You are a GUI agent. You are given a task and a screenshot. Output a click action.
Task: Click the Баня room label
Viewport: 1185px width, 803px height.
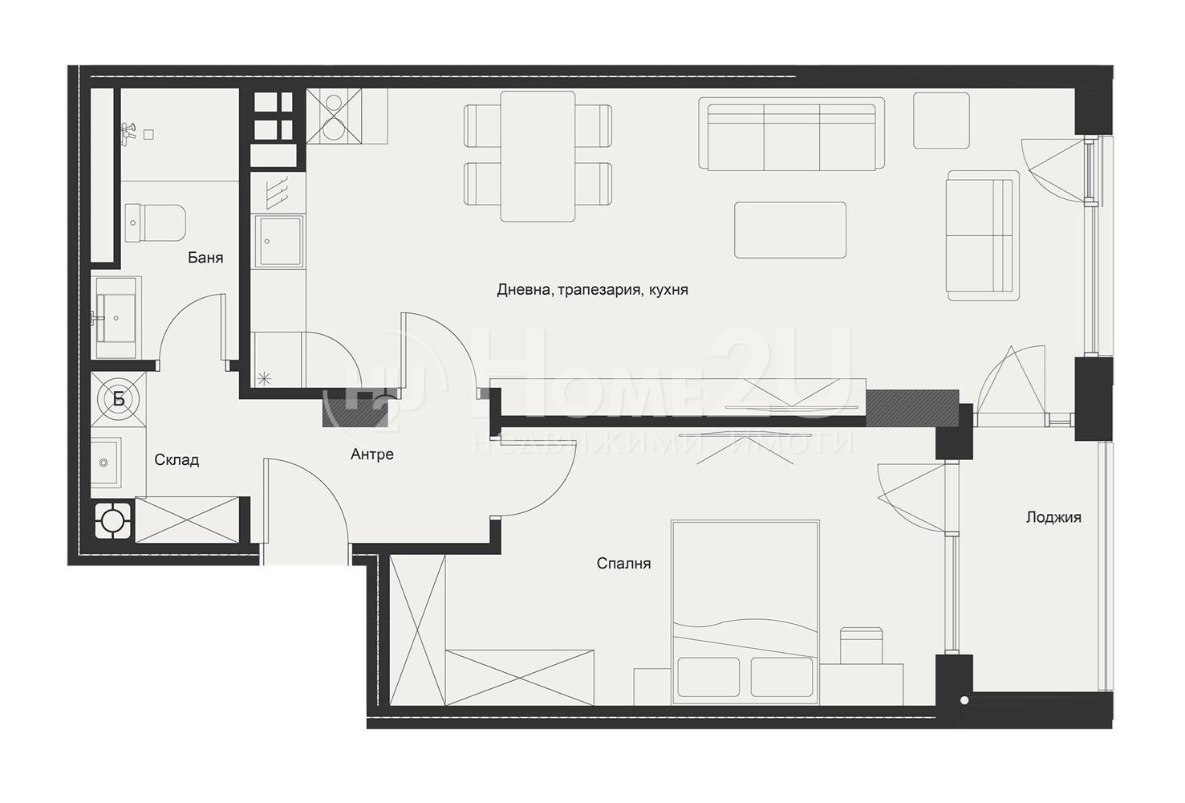205,258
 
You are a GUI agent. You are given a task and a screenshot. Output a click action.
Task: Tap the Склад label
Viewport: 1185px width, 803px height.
177,460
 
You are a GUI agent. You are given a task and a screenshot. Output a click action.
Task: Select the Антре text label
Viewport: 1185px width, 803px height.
372,454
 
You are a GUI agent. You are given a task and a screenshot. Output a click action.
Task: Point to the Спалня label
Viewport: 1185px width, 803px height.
623,563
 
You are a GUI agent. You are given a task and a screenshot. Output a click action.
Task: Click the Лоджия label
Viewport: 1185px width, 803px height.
1053,517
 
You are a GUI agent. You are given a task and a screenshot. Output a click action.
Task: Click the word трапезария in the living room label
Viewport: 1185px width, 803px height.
600,290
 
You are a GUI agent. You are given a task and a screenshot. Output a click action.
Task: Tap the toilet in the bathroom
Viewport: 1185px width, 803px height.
156,223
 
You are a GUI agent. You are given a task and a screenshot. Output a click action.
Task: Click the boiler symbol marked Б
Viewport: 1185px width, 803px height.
119,399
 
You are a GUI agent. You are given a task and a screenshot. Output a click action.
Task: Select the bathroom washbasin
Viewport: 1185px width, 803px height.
116,319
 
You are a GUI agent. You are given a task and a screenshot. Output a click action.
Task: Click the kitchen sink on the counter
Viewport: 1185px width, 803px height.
279,242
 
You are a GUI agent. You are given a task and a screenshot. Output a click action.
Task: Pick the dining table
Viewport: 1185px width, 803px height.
538,156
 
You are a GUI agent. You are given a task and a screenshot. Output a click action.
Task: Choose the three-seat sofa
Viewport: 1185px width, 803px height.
791,133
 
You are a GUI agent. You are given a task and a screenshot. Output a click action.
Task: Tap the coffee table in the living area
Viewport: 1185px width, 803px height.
790,230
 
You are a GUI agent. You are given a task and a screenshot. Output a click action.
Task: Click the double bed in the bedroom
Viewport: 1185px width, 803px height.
745,613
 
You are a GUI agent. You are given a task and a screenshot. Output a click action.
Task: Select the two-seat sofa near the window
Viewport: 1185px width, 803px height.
983,235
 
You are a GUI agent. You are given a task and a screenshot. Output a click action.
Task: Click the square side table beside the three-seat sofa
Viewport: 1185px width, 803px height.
941,120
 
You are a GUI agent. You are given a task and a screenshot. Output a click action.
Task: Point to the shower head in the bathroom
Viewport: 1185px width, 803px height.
128,130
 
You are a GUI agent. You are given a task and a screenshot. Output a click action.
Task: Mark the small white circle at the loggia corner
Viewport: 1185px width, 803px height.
964,700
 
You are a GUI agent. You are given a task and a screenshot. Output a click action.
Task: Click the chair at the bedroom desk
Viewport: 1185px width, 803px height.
861,645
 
